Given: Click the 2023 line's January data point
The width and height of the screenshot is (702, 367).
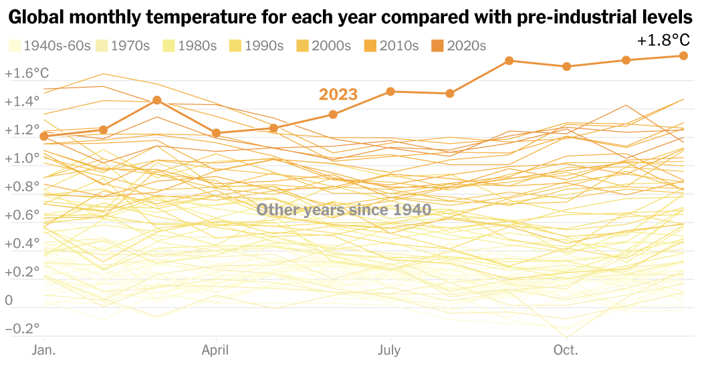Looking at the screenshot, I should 44,136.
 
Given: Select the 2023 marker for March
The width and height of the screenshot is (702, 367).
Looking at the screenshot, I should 156,100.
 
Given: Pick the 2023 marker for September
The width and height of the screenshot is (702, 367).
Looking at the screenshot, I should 509,61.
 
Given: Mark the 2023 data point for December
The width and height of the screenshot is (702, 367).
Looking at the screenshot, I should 683,55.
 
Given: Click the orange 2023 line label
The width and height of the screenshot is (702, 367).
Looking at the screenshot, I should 338,95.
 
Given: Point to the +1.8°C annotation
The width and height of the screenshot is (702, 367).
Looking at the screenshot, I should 663,41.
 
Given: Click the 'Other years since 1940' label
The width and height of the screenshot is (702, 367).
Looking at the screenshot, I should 344,210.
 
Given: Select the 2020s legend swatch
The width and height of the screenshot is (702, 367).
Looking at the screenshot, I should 438,46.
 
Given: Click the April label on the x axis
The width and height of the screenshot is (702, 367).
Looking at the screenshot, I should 215,350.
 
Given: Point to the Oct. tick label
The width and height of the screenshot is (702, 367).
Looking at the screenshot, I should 566,350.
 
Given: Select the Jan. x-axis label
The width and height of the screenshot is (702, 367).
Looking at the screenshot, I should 43,350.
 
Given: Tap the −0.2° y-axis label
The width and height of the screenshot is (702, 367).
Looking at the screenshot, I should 22,329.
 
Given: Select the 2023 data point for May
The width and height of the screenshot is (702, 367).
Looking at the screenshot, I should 273,128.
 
